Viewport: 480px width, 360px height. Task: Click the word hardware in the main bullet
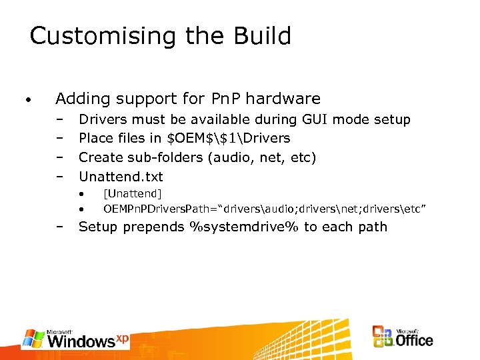click(285, 99)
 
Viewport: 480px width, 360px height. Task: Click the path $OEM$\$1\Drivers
click(230, 139)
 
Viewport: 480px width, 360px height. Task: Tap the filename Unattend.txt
click(121, 177)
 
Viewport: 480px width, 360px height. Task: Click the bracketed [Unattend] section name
click(132, 194)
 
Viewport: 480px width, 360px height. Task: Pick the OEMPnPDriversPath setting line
click(264, 210)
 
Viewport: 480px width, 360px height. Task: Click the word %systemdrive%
click(245, 227)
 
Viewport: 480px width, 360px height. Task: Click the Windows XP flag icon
click(34, 339)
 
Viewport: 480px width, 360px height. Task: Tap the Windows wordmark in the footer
click(81, 341)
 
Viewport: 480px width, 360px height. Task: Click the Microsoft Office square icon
click(383, 337)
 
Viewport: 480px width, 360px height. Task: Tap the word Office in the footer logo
click(414, 340)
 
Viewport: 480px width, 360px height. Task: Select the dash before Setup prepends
click(59, 227)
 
